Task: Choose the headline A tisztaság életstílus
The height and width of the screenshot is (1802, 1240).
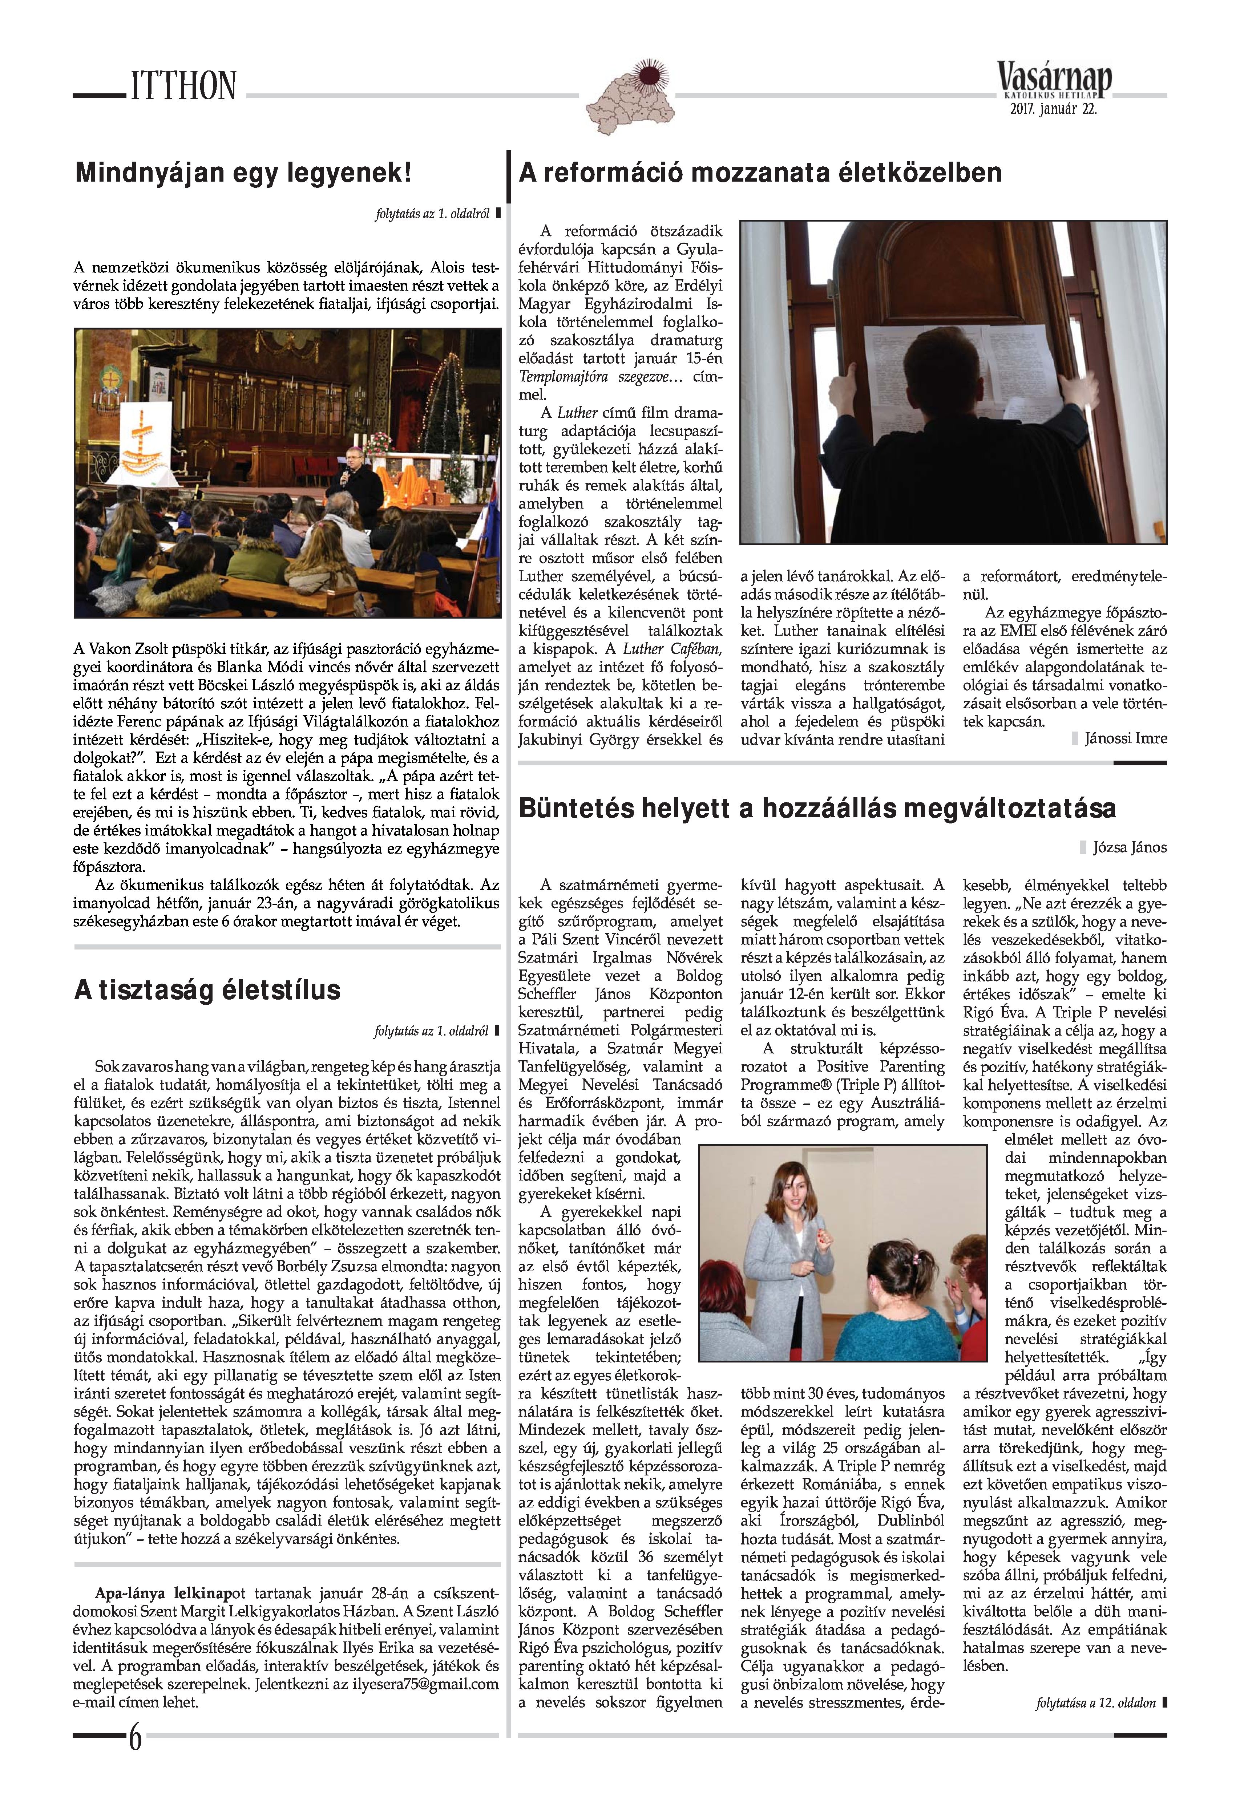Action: [x=207, y=989]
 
